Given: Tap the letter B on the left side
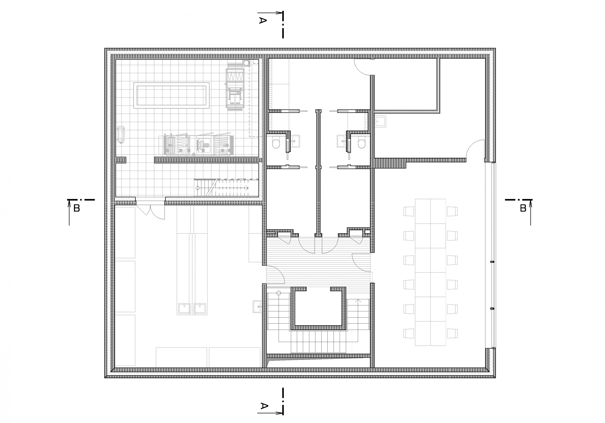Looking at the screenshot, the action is (x=77, y=209).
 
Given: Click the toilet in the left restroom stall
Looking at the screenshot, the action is (x=276, y=143).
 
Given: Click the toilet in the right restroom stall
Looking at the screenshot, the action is (x=362, y=143).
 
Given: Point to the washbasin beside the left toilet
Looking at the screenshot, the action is (x=296, y=141).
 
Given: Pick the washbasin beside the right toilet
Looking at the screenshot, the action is (x=342, y=141).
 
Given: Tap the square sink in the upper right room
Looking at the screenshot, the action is (x=382, y=122).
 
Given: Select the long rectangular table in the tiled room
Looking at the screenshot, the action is (x=171, y=95).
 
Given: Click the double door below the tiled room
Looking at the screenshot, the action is (x=150, y=211).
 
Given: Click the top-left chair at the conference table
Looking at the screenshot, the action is (x=409, y=212).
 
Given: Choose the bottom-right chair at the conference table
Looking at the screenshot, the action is (x=452, y=333).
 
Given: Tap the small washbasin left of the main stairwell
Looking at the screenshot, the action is (x=258, y=306).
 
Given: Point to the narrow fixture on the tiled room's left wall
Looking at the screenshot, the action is (x=122, y=135).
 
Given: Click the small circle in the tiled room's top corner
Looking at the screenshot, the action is (x=246, y=63).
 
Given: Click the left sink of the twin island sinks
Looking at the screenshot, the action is (x=185, y=308).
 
